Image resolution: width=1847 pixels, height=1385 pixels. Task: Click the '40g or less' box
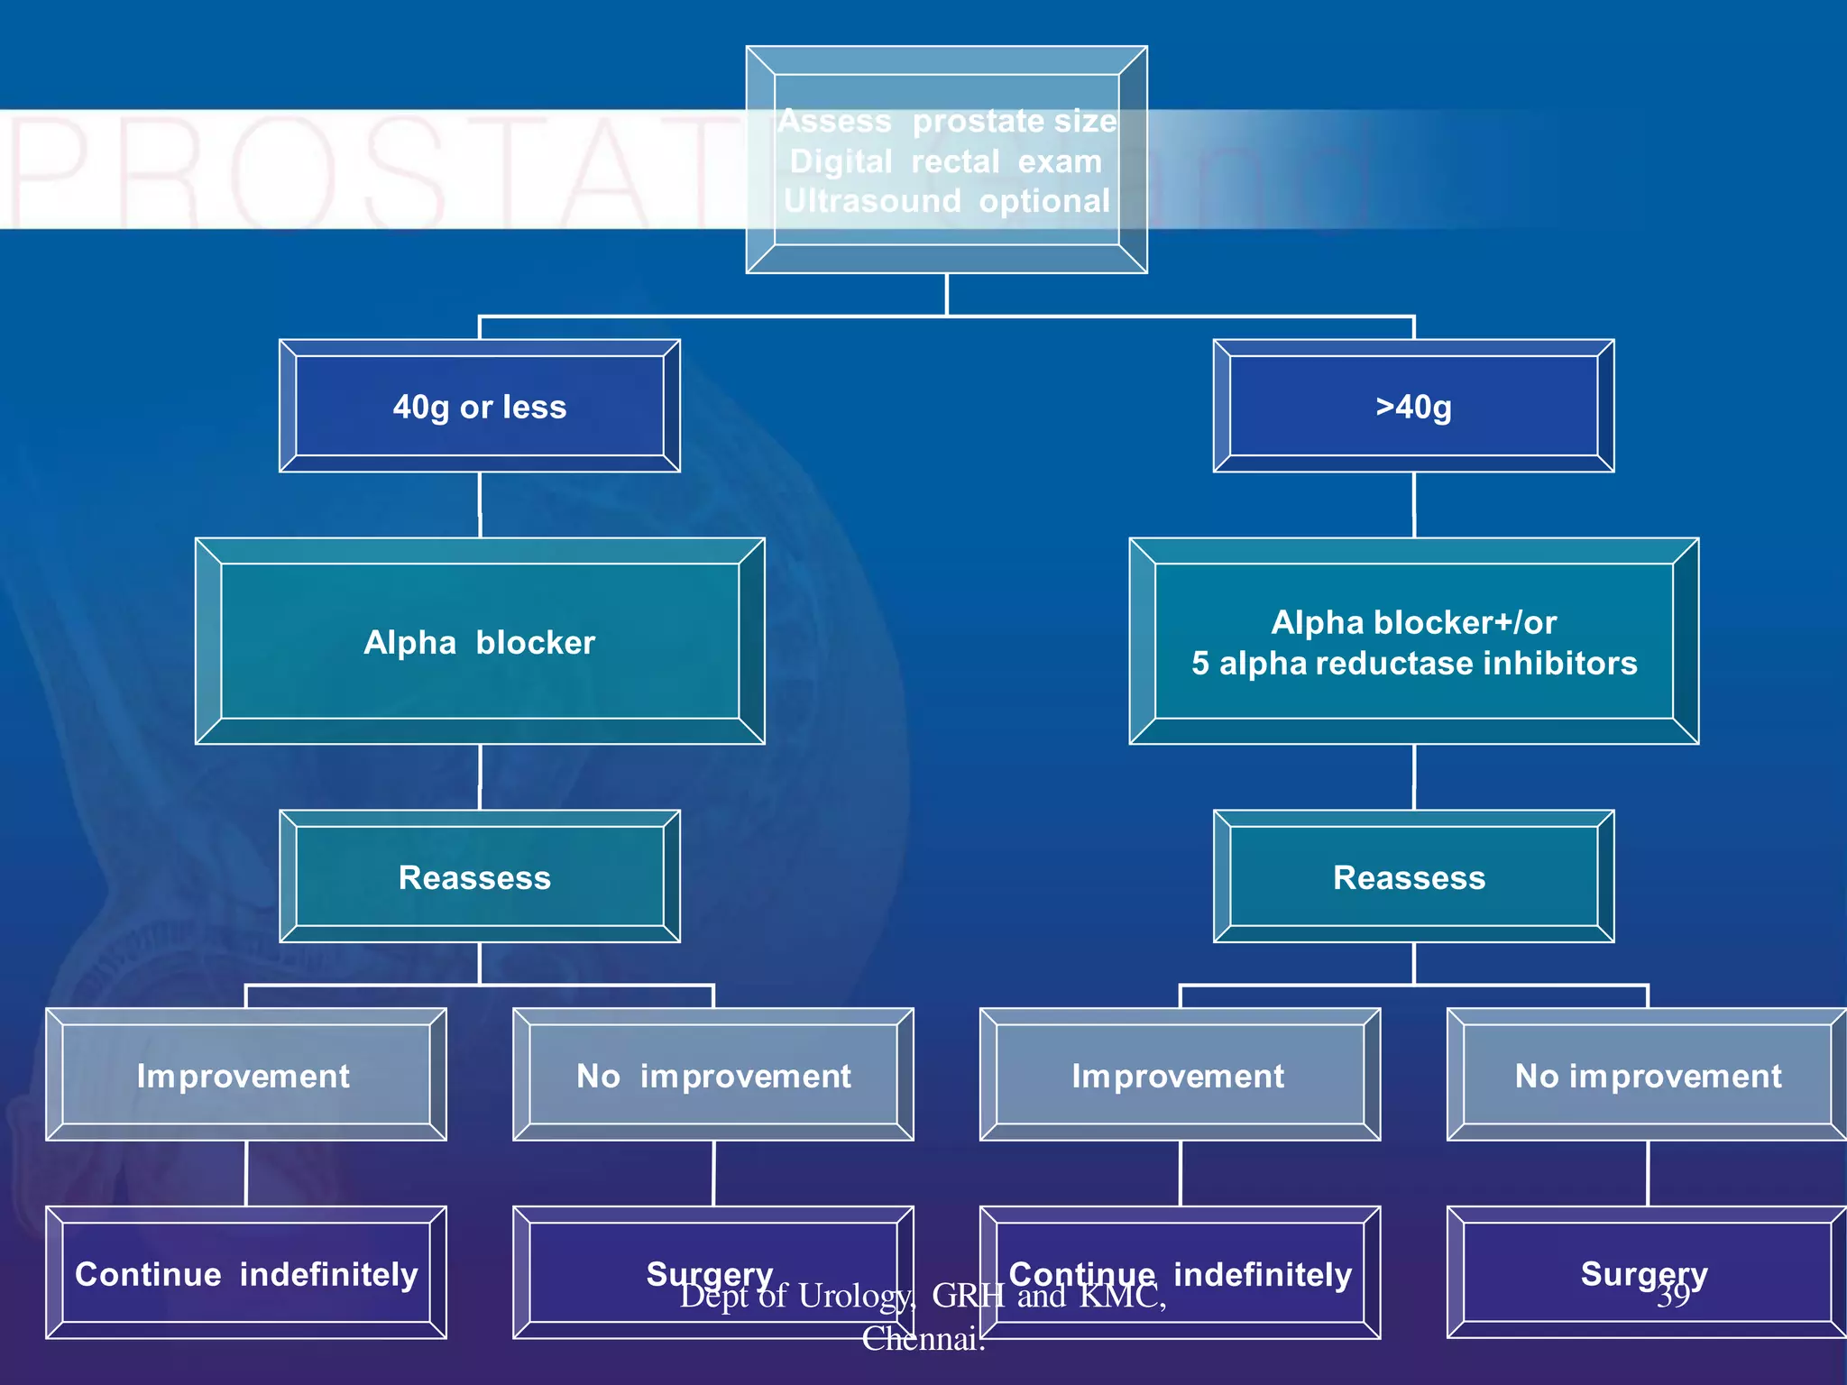coord(480,407)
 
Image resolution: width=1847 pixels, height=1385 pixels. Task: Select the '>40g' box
coord(1413,407)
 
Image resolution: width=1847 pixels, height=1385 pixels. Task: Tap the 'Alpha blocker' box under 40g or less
coord(480,642)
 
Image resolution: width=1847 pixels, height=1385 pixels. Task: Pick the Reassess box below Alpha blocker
coord(480,877)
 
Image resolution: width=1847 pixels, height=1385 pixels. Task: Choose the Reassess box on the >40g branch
coord(1413,877)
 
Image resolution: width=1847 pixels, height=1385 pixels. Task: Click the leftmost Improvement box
coord(245,1076)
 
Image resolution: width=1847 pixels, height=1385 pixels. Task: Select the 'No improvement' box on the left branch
coord(713,1076)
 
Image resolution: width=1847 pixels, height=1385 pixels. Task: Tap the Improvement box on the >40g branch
coord(1180,1076)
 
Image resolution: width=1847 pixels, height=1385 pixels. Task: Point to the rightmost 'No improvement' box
coord(1648,1076)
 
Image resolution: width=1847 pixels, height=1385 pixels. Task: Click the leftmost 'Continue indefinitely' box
coord(245,1274)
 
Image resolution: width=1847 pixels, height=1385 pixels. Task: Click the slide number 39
coord(1674,1296)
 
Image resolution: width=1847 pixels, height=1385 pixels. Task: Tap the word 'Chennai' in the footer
coord(920,1339)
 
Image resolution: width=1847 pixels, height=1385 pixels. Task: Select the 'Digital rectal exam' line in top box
coord(946,162)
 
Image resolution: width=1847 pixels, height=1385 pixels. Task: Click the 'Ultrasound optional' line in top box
coord(946,201)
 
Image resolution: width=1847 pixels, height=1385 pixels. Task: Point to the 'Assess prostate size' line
coord(946,121)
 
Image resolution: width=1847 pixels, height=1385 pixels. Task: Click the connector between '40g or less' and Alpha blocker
coord(480,505)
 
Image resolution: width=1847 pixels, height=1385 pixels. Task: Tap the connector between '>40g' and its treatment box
coord(1413,505)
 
